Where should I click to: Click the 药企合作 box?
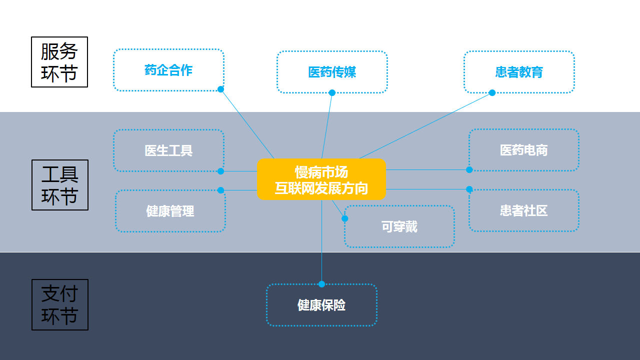click(x=168, y=70)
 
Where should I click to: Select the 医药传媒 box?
click(x=332, y=72)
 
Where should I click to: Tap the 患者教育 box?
click(x=519, y=72)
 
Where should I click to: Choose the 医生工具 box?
click(x=168, y=150)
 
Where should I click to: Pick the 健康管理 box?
click(x=170, y=211)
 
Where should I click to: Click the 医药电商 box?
click(x=523, y=150)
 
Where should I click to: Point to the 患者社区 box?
click(x=523, y=210)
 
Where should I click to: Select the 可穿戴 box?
click(x=399, y=226)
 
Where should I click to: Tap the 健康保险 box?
click(x=321, y=305)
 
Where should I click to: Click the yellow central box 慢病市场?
click(x=321, y=179)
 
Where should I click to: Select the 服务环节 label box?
click(x=59, y=62)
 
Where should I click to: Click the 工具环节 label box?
click(x=59, y=185)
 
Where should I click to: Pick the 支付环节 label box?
click(x=59, y=304)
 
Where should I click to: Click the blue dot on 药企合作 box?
click(x=220, y=89)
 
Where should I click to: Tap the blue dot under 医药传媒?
click(x=332, y=92)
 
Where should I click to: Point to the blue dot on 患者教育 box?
click(x=492, y=92)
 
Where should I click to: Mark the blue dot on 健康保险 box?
click(x=321, y=284)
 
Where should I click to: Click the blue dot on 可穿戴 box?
click(x=344, y=218)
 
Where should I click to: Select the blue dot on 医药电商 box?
click(x=469, y=169)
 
